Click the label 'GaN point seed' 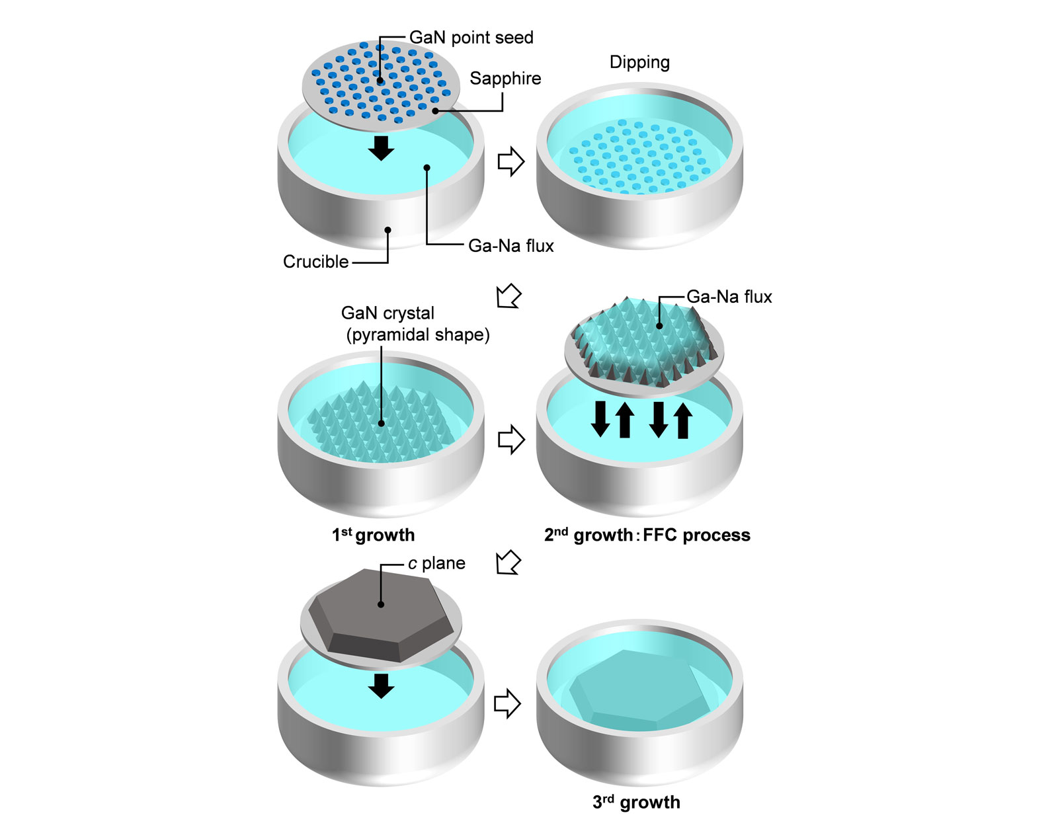click(471, 38)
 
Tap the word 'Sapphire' click(505, 79)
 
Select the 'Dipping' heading click(639, 62)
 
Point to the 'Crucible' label click(315, 262)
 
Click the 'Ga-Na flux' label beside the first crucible click(510, 246)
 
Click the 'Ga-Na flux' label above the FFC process click(729, 297)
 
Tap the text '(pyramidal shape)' click(418, 335)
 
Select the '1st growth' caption click(373, 535)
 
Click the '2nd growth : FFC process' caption click(647, 535)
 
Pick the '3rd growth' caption click(636, 802)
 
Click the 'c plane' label click(436, 563)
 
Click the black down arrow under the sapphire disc click(381, 148)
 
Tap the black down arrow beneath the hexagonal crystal click(381, 686)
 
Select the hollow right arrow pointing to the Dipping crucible click(510, 161)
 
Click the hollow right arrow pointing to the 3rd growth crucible click(507, 703)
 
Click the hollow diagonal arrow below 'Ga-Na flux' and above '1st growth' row click(509, 295)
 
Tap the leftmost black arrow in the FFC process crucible click(600, 419)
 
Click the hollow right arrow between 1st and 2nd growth click(510, 439)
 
